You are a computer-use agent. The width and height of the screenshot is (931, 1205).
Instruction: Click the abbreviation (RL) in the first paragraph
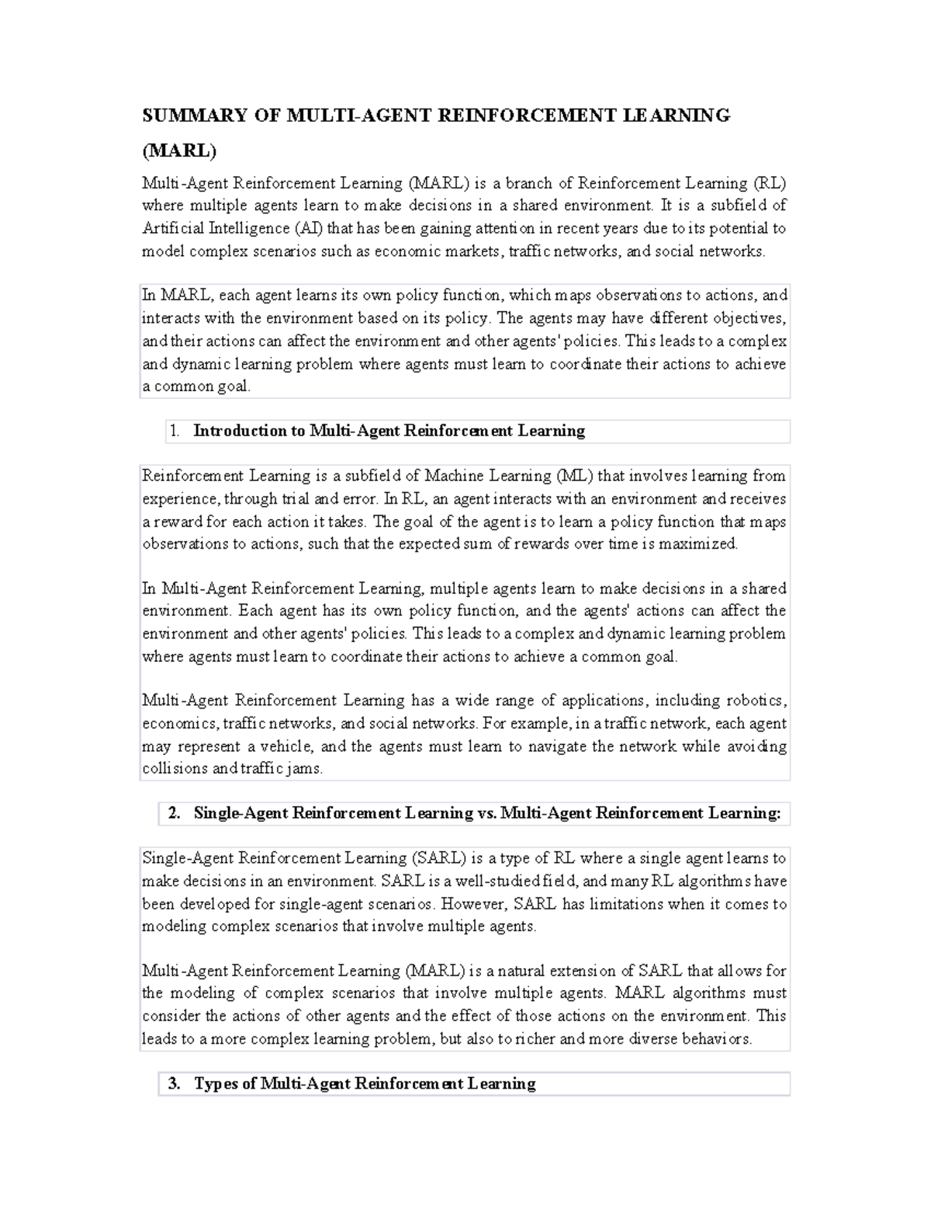[770, 183]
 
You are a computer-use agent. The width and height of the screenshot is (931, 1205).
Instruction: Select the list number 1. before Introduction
[175, 431]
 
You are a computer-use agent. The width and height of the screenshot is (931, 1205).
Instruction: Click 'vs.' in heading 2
[486, 813]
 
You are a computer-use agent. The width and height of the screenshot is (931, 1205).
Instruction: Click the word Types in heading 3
[215, 1084]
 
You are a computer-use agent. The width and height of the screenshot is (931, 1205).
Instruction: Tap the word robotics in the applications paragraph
[756, 701]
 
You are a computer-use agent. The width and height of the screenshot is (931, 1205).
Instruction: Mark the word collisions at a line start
[175, 769]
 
